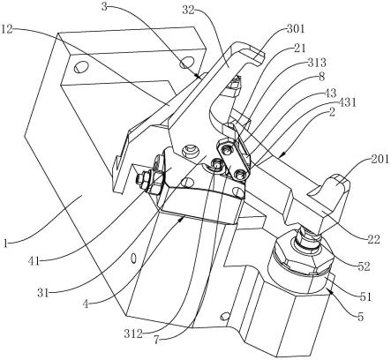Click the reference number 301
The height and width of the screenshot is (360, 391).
(x=297, y=29)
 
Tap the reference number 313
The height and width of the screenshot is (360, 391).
(x=317, y=63)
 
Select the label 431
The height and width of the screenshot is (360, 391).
(x=347, y=102)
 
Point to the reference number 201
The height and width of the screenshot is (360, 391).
(x=380, y=160)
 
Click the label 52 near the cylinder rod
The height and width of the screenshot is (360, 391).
(x=364, y=266)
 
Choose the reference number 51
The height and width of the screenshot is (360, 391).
(x=365, y=296)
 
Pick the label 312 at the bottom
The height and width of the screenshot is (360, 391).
(x=133, y=334)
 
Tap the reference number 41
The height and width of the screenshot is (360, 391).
(x=34, y=261)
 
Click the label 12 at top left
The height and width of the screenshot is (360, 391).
(x=7, y=29)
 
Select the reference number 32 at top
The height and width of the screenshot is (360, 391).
(x=188, y=11)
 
